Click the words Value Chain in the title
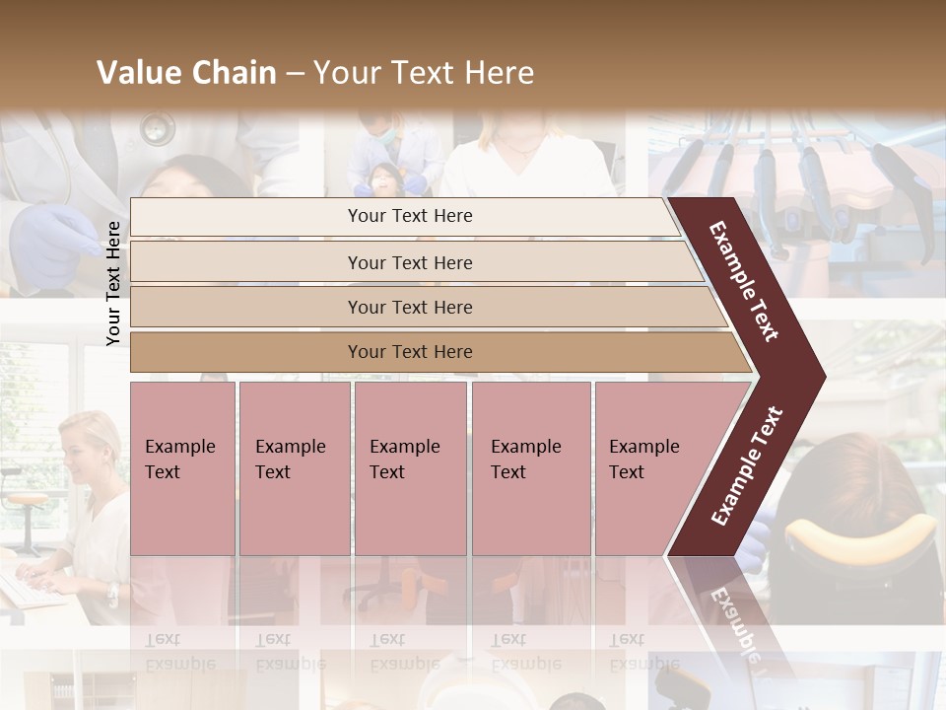click(186, 73)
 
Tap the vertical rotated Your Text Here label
click(113, 283)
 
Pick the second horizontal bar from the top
click(409, 262)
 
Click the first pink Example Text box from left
click(182, 468)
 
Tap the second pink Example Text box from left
click(294, 468)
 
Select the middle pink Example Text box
click(410, 468)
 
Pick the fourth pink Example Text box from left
click(531, 468)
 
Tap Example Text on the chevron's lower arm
click(747, 466)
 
